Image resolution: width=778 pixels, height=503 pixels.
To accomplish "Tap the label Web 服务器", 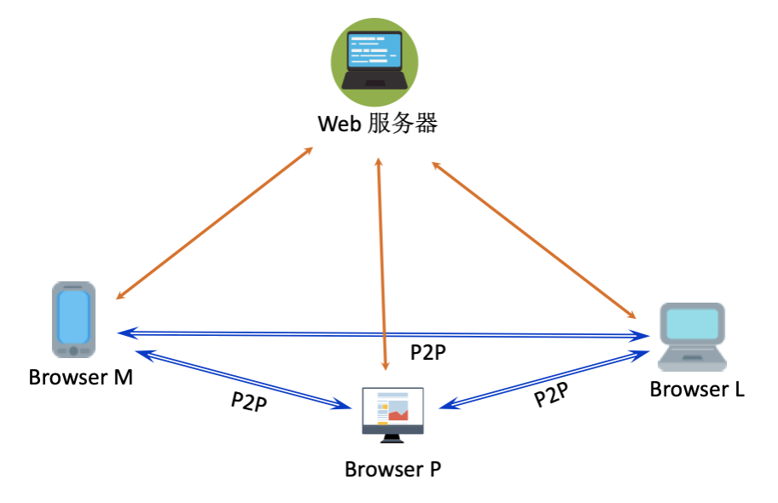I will [377, 124].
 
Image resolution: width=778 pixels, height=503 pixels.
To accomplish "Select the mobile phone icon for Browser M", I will [73, 320].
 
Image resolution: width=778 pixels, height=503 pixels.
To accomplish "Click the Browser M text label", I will [81, 377].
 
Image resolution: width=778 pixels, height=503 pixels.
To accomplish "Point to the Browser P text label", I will [393, 469].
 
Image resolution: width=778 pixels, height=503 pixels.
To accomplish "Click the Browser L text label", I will [697, 390].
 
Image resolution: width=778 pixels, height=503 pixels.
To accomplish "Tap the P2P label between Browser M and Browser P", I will [249, 401].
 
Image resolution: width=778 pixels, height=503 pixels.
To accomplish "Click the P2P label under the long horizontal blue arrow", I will [428, 352].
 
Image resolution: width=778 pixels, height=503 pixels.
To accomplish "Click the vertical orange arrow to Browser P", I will [383, 256].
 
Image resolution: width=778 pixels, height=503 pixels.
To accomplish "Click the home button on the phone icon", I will [73, 350].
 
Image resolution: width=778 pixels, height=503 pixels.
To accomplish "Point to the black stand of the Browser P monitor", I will [392, 437].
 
